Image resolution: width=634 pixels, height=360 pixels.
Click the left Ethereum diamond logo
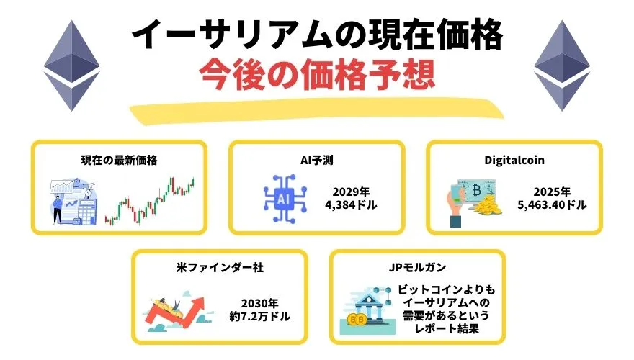pyautogui.click(x=70, y=65)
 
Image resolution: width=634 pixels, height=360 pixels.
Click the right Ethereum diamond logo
pyautogui.click(x=563, y=65)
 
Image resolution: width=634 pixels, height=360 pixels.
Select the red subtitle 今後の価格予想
pyautogui.click(x=317, y=76)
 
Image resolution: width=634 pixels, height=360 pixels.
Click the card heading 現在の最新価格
pyautogui.click(x=119, y=160)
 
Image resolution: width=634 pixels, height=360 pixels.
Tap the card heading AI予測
pyautogui.click(x=316, y=160)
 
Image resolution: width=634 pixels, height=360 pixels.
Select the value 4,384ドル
pyautogui.click(x=351, y=205)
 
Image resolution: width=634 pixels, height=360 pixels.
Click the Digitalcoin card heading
pyautogui.click(x=514, y=160)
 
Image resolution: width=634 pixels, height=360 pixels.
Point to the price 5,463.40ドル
pyautogui.click(x=552, y=205)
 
